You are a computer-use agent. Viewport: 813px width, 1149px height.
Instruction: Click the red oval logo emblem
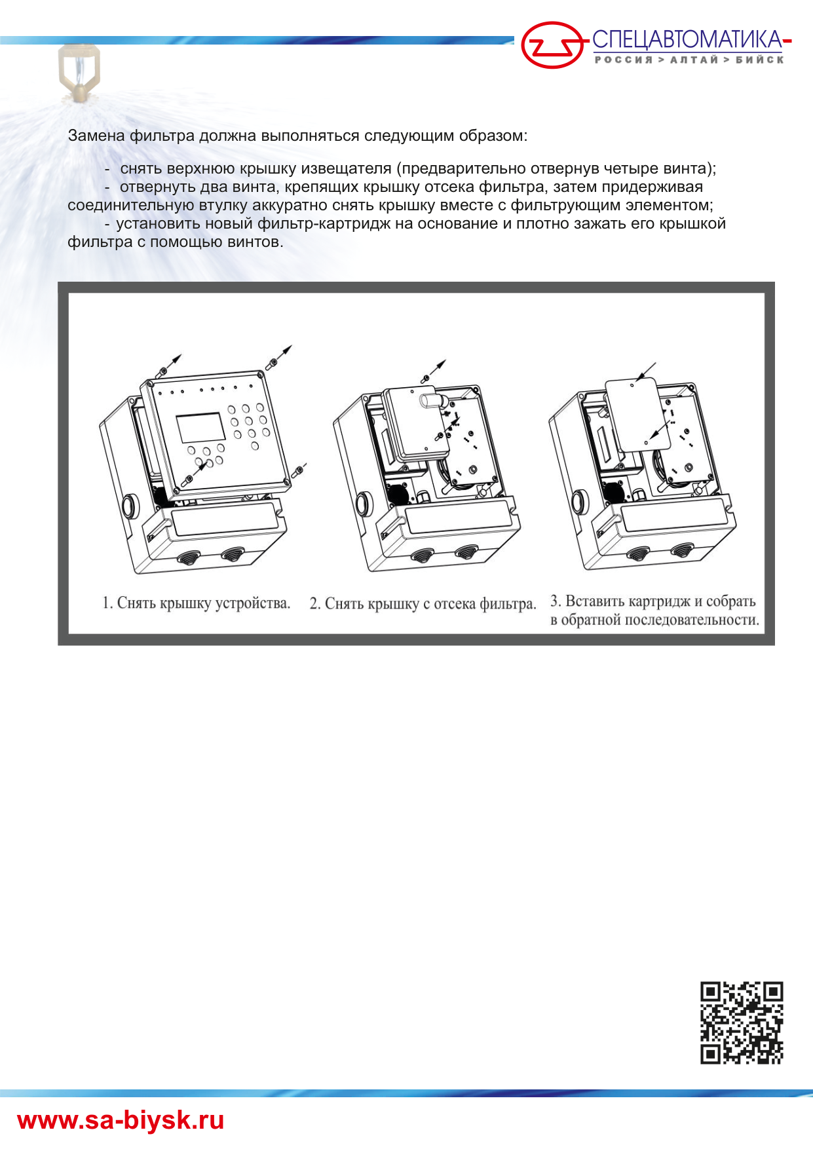(x=552, y=45)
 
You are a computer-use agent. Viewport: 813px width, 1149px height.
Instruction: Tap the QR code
(x=742, y=1022)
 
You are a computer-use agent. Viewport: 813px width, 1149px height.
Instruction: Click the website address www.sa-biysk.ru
(x=121, y=1120)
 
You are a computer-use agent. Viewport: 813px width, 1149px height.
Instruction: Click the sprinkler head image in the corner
(x=79, y=72)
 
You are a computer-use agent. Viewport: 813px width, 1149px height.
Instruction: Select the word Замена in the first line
(x=96, y=136)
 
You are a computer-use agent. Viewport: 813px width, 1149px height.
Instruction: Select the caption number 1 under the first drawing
(x=107, y=603)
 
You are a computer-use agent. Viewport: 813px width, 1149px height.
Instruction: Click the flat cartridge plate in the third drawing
(x=637, y=413)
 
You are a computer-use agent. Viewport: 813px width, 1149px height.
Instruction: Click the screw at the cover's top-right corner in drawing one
(x=271, y=362)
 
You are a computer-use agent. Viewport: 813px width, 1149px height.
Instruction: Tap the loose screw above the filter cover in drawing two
(x=425, y=379)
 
